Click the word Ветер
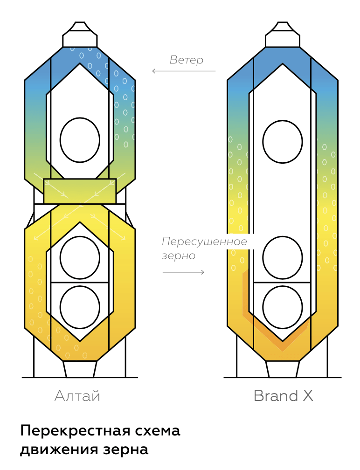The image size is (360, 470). point(187,60)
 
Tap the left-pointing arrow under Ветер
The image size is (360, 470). point(184,71)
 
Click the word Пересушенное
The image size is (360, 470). point(204,242)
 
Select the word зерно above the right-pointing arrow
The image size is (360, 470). point(179,256)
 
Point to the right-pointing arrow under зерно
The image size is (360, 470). point(183,272)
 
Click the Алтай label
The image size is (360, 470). point(77,396)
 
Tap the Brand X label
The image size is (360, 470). point(283,396)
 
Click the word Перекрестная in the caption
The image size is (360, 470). point(75,431)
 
